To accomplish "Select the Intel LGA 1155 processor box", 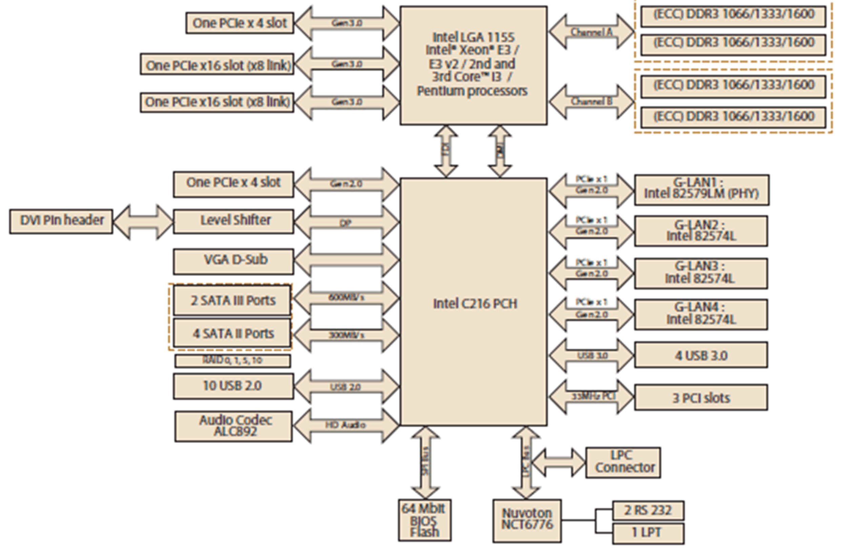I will click(473, 65).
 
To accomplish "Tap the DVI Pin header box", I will click(61, 221).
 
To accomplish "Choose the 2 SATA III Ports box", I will click(232, 300).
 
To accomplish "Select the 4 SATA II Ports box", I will click(232, 334).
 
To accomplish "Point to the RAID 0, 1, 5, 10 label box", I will click(232, 360).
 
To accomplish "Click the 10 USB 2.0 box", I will click(233, 386).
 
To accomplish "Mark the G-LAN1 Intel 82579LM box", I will click(702, 190).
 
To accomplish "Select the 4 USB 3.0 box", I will click(701, 355).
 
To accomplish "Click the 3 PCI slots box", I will click(701, 397).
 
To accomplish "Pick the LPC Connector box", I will click(623, 462).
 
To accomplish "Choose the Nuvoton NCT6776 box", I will click(527, 520).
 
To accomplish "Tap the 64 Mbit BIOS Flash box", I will click(425, 520).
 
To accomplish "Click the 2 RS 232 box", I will click(648, 510).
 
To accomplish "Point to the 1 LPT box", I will click(648, 533).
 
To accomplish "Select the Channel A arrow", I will click(591, 32).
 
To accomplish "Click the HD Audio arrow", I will click(346, 425).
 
